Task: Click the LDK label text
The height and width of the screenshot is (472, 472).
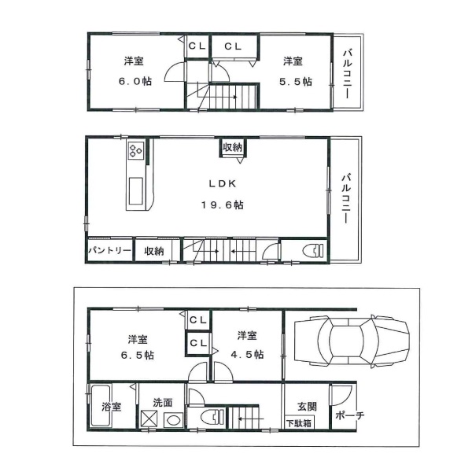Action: pos(223,184)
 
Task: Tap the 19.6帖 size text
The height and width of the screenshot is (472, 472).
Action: pos(223,205)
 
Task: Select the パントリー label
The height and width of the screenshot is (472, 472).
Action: pos(109,250)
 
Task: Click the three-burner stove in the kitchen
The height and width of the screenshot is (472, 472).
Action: pos(136,150)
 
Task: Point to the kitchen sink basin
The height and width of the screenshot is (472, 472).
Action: pos(136,191)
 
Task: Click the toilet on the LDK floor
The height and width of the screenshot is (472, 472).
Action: pos(314,251)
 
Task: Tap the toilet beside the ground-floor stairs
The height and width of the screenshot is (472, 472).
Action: pos(212,417)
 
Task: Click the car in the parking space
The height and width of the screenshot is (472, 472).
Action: pos(352,341)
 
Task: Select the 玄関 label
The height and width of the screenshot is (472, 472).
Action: pos(307,407)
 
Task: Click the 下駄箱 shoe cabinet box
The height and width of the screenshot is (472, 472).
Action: pos(299,422)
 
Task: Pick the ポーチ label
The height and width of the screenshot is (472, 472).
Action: pos(349,415)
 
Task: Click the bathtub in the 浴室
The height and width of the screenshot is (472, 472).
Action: pos(101,406)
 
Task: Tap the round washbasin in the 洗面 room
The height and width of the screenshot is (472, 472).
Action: pos(174,419)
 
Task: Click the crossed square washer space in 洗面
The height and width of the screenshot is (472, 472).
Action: pos(149,419)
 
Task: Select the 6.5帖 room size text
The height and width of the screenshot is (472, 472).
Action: pos(138,356)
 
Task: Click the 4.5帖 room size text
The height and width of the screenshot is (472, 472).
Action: pos(248,354)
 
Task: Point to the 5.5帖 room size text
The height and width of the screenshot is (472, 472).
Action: pos(296,82)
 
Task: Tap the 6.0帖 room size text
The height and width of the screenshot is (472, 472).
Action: pos(135,81)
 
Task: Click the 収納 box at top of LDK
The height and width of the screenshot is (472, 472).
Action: pos(232,148)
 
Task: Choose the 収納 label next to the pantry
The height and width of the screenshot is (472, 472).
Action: pos(154,251)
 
